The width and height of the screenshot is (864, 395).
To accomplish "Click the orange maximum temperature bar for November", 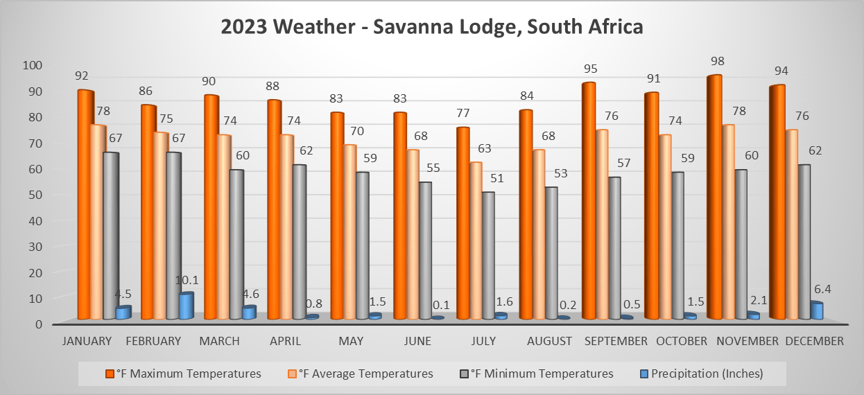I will coord(714,197).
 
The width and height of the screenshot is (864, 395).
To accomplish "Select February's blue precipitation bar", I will coord(185,306).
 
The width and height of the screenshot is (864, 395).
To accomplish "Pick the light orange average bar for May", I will coord(350,232).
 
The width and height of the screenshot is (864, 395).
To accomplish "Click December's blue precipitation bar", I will coord(817,310).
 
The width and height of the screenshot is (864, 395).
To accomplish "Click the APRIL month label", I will coord(285,341).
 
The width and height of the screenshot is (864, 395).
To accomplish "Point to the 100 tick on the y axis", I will coord(34,65).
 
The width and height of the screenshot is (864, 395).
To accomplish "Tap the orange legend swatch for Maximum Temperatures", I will coord(110,374).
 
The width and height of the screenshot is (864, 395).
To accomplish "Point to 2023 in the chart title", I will coord(244,27).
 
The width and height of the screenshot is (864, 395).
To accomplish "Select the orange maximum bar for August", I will coord(525,215).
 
